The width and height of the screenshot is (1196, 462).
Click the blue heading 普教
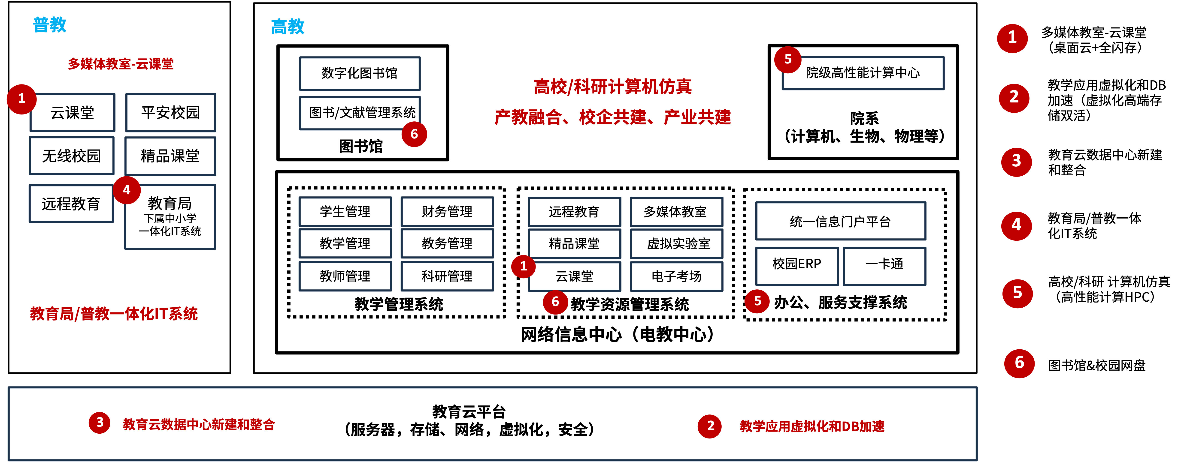(x=50, y=25)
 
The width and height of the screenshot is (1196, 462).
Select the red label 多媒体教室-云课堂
(x=121, y=63)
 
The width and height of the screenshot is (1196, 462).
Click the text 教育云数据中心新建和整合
(x=199, y=424)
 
